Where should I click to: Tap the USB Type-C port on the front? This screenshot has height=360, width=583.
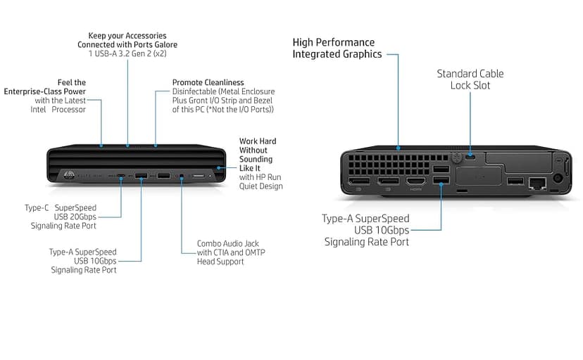click(x=121, y=176)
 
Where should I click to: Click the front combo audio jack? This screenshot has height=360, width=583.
click(x=182, y=176)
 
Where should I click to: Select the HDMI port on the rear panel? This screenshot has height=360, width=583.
click(x=413, y=182)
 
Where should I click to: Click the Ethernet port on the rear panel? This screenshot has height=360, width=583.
click(x=539, y=183)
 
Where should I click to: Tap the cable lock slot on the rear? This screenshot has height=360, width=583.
click(x=470, y=156)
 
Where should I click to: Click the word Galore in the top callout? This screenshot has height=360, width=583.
click(x=161, y=44)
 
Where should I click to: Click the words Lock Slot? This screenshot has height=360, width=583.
click(x=470, y=85)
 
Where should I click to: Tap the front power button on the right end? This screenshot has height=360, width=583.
click(x=220, y=168)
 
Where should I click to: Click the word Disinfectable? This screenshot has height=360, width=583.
click(x=196, y=91)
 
